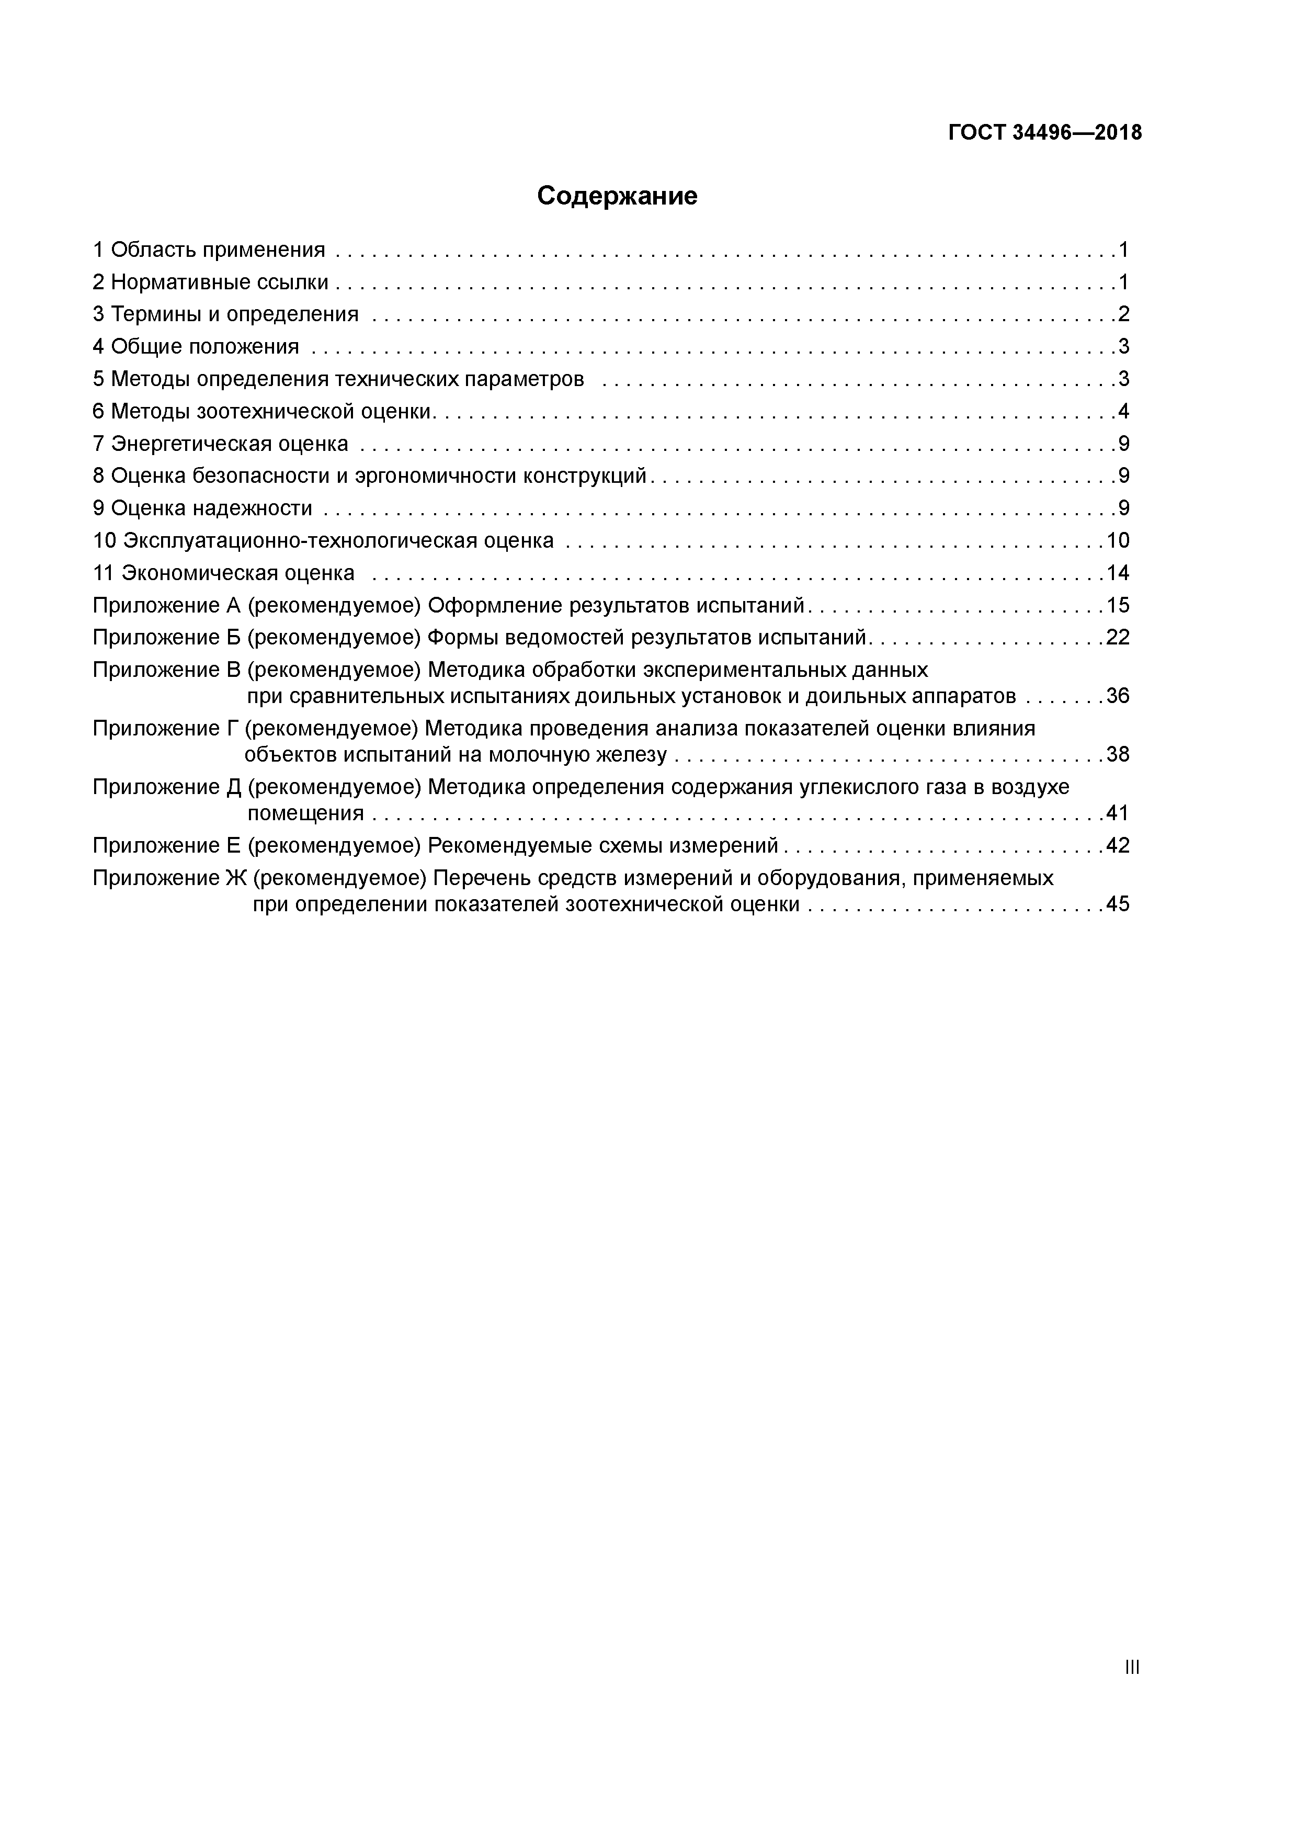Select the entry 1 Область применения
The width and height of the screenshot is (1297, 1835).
tap(209, 250)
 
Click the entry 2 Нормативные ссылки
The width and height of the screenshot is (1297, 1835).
tap(210, 282)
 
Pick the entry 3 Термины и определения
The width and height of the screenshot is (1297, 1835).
tap(225, 314)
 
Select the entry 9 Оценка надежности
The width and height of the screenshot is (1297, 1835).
tap(202, 508)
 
